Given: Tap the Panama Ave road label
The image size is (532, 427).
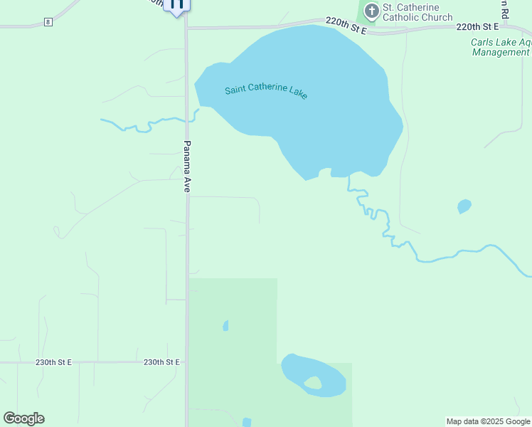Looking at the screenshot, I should pyautogui.click(x=188, y=166).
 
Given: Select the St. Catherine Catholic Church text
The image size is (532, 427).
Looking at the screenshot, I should pyautogui.click(x=417, y=12).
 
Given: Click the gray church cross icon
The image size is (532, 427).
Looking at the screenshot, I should pyautogui.click(x=371, y=11).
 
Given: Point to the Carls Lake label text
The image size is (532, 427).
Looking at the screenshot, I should pyautogui.click(x=501, y=43).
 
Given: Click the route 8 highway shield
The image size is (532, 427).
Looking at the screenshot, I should pyautogui.click(x=48, y=22).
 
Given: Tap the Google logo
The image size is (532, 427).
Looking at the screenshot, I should pyautogui.click(x=23, y=418).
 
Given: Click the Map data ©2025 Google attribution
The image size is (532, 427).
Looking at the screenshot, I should pyautogui.click(x=488, y=421).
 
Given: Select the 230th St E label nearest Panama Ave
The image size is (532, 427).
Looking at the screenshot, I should pyautogui.click(x=161, y=362).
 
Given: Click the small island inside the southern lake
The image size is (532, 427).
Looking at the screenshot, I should pyautogui.click(x=312, y=383).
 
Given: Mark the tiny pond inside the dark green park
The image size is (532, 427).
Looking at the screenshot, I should pyautogui.click(x=225, y=326).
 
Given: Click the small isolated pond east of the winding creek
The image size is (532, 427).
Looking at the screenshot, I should pyautogui.click(x=464, y=206).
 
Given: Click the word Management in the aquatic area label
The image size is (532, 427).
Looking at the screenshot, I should pyautogui.click(x=501, y=53).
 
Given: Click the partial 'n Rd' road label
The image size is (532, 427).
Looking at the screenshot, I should pyautogui.click(x=503, y=9).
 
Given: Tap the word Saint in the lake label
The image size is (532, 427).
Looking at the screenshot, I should pyautogui.click(x=237, y=90).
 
